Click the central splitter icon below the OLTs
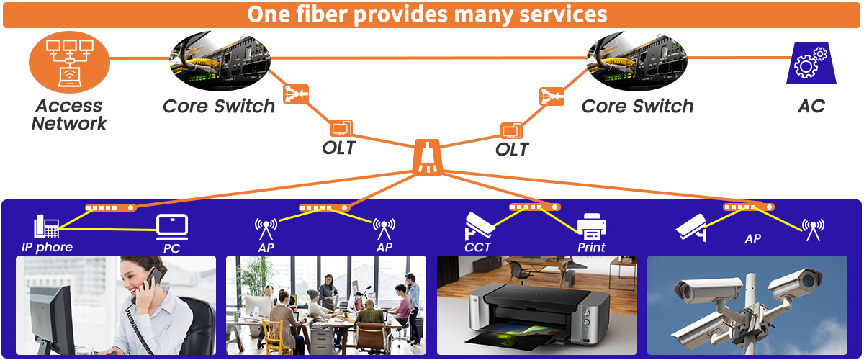click(428, 158)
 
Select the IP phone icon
click(46, 226)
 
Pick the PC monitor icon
click(171, 227)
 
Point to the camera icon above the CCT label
click(480, 224)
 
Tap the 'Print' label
click(592, 248)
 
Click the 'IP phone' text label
click(47, 248)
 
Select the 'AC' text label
click(811, 107)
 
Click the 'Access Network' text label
click(69, 114)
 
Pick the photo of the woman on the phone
click(116, 305)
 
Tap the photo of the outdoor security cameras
click(747, 305)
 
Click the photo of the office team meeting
click(326, 305)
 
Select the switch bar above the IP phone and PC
click(109, 207)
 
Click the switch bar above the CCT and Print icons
click(534, 207)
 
